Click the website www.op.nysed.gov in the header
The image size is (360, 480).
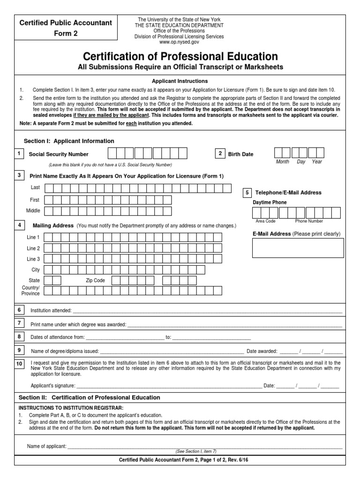point(180,42)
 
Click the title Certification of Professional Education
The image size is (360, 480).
point(180,57)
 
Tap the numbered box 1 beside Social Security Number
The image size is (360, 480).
point(19,154)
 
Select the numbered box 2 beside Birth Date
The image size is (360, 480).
point(219,154)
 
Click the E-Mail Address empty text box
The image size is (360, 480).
point(298,248)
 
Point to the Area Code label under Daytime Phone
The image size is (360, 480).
point(265,221)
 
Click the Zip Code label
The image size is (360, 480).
point(95,280)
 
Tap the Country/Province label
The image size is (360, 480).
point(31,290)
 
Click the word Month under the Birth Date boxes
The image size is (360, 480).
point(283,162)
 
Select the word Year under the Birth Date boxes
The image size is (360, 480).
point(317,162)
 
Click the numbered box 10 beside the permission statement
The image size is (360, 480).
point(19,364)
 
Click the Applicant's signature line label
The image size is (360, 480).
point(53,385)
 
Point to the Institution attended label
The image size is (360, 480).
point(51,310)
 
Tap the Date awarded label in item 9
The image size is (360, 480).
point(262,351)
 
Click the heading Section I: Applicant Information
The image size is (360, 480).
point(69,141)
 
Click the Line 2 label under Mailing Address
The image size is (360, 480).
point(33,248)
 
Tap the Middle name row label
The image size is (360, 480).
point(33,211)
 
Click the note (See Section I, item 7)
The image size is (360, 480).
point(196,451)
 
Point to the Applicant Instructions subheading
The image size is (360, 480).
point(180,81)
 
